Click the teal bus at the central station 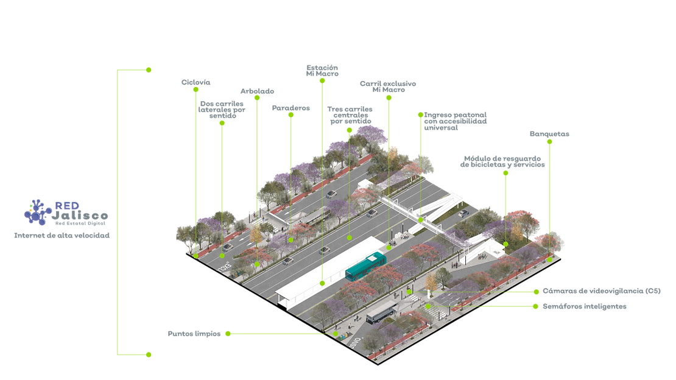(x=365, y=266)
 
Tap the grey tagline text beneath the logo (x=61, y=234)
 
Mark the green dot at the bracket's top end (x=150, y=70)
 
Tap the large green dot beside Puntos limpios (x=228, y=334)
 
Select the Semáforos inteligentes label (x=585, y=307)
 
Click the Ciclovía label (x=195, y=81)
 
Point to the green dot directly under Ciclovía (x=195, y=90)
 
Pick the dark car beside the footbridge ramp (x=463, y=213)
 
